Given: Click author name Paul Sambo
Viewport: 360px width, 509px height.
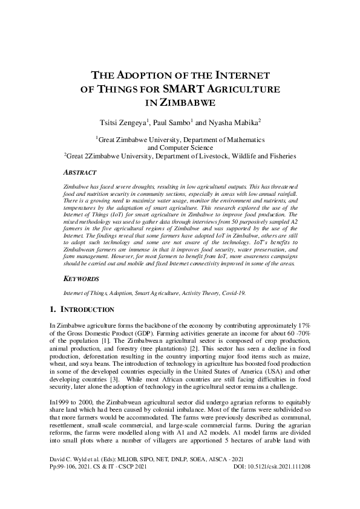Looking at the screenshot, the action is pos(172,122).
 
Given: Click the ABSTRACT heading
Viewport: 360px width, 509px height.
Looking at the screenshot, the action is pos(82,172).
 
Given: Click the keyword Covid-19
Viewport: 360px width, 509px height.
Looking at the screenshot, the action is pos(233,293).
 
